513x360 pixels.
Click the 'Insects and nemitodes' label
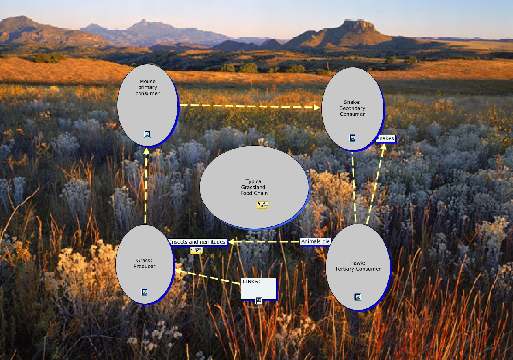(197, 242)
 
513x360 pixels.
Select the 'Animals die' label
(315, 241)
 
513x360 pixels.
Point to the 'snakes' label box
(385, 138)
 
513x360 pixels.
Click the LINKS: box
(259, 288)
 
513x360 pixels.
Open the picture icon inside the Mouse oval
(147, 134)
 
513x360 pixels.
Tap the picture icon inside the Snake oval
(353, 138)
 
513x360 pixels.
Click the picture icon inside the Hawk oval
(358, 297)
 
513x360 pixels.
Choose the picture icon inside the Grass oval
(145, 292)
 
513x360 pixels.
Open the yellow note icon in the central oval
(262, 205)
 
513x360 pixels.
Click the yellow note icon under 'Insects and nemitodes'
(197, 250)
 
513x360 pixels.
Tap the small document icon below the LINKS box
(259, 301)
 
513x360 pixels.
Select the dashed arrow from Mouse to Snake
(248, 106)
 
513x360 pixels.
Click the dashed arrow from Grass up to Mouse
(146, 187)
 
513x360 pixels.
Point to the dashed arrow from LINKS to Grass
(207, 276)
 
